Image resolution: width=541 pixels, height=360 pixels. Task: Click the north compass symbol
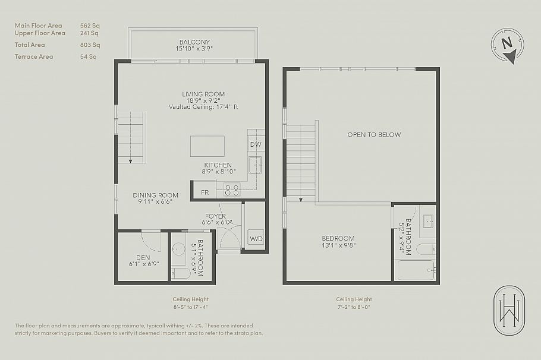pyautogui.click(x=507, y=45)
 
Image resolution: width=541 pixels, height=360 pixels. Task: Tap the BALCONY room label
pyautogui.click(x=194, y=42)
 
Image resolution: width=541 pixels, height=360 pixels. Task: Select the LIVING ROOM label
pyautogui.click(x=203, y=94)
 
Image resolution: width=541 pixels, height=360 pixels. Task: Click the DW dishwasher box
pyautogui.click(x=255, y=144)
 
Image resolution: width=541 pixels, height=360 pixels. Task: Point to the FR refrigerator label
pyautogui.click(x=205, y=192)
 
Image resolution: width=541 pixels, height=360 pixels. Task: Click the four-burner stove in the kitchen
pyautogui.click(x=231, y=190)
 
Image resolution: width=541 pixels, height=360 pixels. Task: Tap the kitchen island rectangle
pyautogui.click(x=207, y=146)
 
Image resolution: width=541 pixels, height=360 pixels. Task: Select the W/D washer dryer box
pyautogui.click(x=256, y=239)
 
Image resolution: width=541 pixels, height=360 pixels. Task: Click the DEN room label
pyautogui.click(x=143, y=257)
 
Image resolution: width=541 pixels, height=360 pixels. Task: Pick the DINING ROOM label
pyautogui.click(x=155, y=195)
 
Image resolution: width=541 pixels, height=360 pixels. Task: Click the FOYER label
pyautogui.click(x=215, y=216)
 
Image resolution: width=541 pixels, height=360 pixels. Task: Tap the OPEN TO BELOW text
pyautogui.click(x=374, y=135)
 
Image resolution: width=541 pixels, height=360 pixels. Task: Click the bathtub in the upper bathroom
pyautogui.click(x=416, y=270)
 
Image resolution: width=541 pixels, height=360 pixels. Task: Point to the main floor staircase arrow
pyautogui.click(x=130, y=159)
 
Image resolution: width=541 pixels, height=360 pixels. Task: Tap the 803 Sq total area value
pyautogui.click(x=90, y=45)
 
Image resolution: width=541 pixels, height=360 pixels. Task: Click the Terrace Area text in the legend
pyautogui.click(x=34, y=56)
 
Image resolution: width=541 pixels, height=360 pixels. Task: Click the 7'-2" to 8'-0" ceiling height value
pyautogui.click(x=354, y=307)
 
